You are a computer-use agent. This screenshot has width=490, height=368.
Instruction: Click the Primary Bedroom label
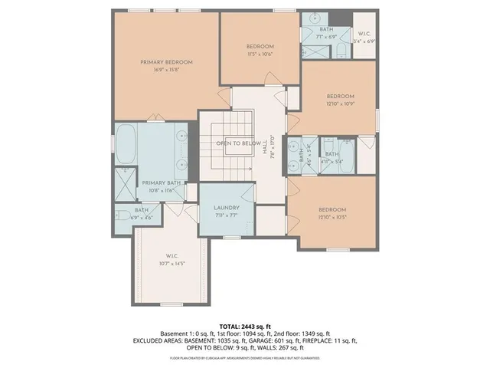166,62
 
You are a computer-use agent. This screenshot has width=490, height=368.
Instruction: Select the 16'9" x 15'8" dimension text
166,70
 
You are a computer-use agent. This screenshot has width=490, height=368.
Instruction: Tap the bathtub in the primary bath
128,147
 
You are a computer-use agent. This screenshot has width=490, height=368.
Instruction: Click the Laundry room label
227,207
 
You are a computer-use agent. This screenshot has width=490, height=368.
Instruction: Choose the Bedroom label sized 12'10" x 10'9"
341,96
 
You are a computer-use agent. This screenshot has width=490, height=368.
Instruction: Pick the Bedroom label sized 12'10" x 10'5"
332,209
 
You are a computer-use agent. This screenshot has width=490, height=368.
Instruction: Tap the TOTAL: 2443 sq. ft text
245,326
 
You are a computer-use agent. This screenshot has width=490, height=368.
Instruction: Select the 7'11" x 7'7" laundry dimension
227,215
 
